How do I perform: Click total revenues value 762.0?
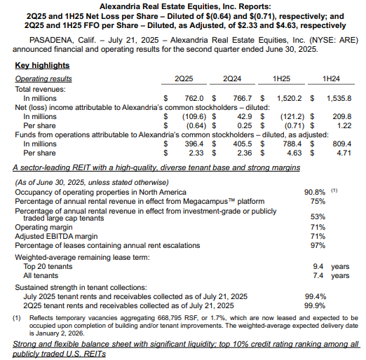(x=194, y=98)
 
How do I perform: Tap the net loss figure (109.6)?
(x=191, y=116)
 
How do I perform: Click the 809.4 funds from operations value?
(x=339, y=143)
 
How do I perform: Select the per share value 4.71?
(x=343, y=152)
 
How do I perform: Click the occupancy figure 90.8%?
(x=314, y=191)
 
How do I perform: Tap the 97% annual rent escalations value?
(x=317, y=244)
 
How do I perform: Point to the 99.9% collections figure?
(x=315, y=306)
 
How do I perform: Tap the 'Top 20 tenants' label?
(x=49, y=267)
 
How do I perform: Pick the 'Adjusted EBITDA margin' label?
(x=57, y=236)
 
